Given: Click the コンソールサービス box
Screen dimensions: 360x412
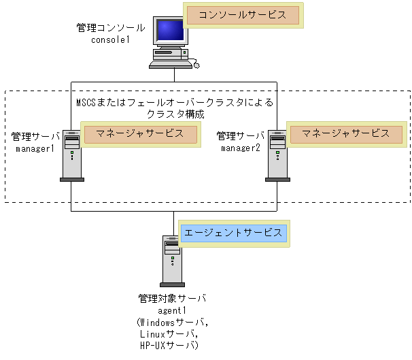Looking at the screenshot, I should click(243, 16).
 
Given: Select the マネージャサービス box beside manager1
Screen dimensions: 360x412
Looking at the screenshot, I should click(139, 134).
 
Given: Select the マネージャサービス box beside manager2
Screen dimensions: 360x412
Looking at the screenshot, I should click(345, 134).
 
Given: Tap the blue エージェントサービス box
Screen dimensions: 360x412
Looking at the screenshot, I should click(233, 233).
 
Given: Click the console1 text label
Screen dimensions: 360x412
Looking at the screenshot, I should click(110, 40).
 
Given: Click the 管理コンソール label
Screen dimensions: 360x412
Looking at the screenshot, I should click(111, 28).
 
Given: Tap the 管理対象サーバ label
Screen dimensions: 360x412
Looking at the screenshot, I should click(171, 298).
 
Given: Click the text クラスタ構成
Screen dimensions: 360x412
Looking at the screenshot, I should click(175, 114).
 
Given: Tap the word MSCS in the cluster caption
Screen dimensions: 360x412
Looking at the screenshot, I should click(85, 103).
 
